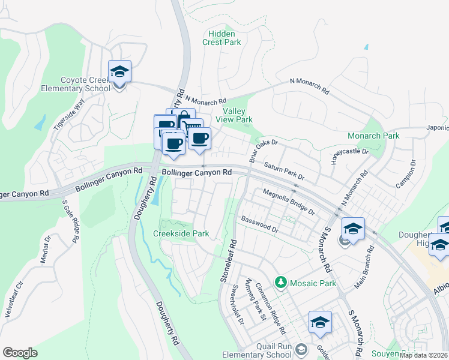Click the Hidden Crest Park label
coord(221,38)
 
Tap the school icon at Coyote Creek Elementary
coord(119,72)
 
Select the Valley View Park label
coord(237,116)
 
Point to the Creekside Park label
coord(181,233)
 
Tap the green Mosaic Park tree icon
coord(280,281)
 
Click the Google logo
coord(20,353)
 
